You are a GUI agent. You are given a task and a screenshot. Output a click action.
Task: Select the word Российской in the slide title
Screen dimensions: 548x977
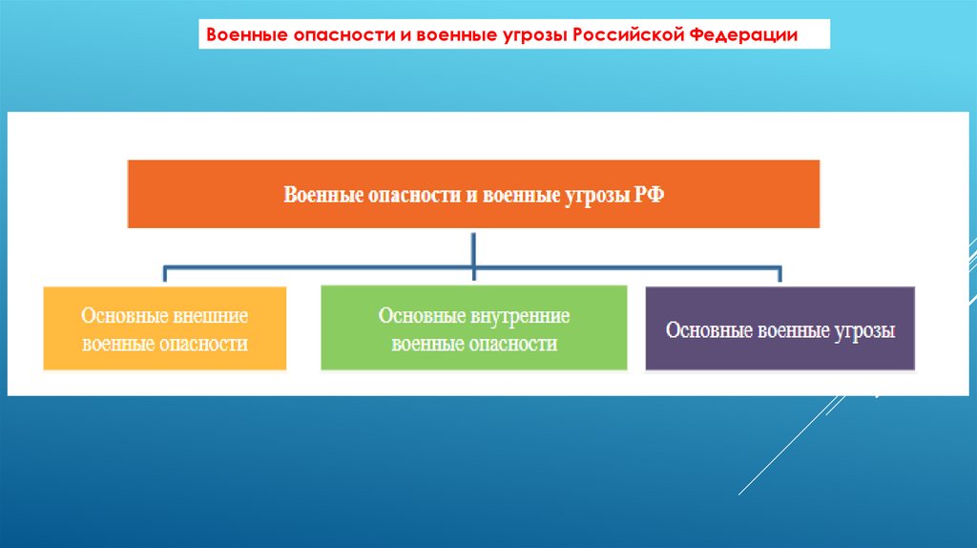(633, 35)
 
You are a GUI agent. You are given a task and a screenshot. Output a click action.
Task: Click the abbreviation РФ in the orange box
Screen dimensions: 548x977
(650, 195)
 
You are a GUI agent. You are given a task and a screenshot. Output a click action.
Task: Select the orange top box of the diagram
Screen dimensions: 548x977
(473, 194)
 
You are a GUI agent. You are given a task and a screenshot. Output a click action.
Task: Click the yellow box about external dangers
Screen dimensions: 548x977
(164, 327)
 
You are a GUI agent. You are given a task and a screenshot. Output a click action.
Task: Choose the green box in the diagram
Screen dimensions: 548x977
(473, 327)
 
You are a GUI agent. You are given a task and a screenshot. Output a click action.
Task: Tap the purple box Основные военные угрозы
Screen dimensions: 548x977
(780, 327)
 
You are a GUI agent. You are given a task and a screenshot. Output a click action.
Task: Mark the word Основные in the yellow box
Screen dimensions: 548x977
(123, 314)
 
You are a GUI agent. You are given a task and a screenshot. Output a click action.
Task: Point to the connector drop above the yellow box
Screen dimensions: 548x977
(165, 275)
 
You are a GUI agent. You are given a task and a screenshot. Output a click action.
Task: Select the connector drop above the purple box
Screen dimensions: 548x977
(780, 275)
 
